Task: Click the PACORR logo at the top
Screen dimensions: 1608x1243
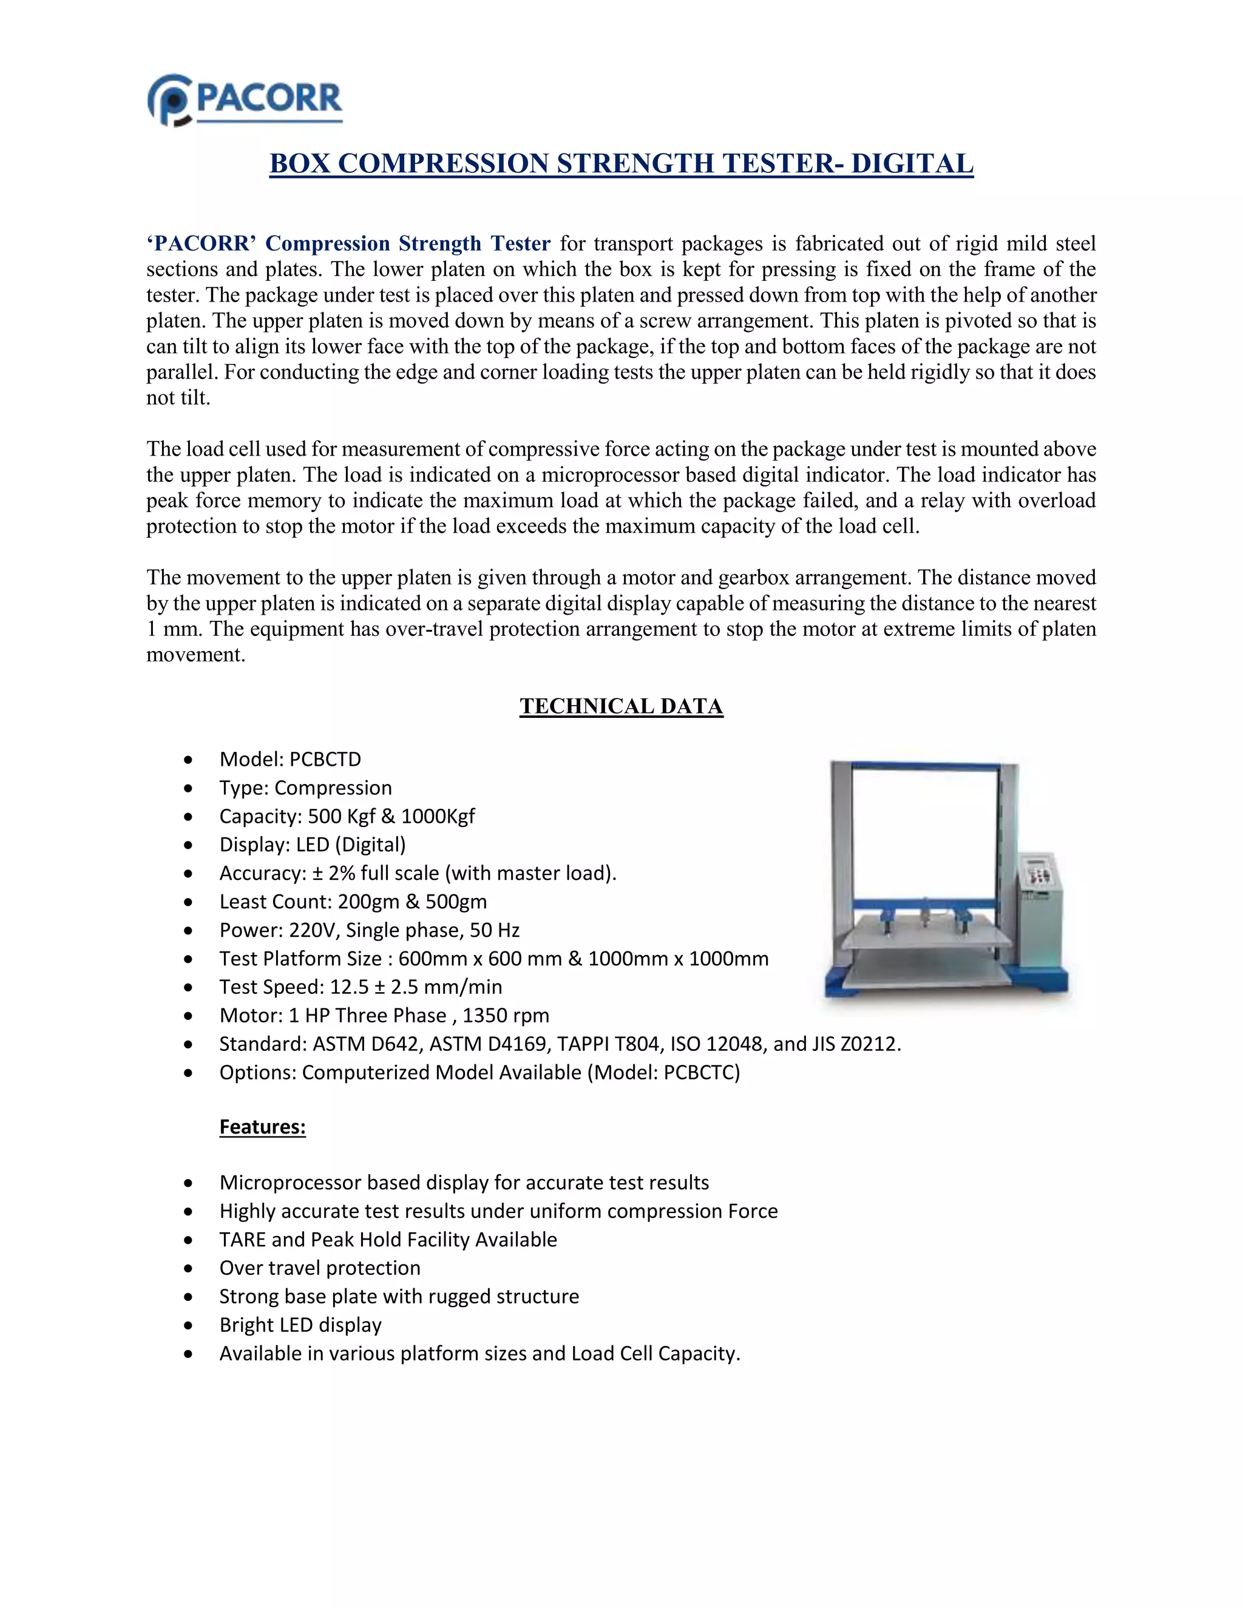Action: point(245,100)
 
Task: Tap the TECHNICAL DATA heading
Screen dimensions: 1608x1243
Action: point(621,706)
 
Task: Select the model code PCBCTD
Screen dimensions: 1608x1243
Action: point(325,759)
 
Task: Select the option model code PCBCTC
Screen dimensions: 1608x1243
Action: point(700,1072)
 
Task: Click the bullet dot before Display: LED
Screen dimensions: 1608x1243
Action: point(189,845)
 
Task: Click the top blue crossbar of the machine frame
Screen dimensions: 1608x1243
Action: point(924,766)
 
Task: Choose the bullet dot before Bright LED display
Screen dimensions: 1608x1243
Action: point(189,1325)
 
